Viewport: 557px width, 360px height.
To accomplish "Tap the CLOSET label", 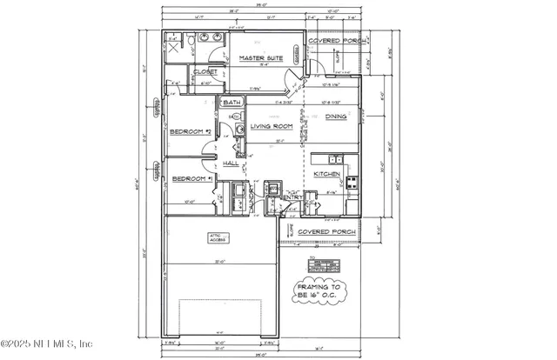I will (x=205, y=72).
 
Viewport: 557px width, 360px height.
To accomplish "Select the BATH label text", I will (x=232, y=103).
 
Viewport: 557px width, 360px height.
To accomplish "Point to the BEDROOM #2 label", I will (x=191, y=131).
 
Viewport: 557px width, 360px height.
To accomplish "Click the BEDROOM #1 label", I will (x=191, y=178).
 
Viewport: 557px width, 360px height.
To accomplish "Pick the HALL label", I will (x=231, y=163).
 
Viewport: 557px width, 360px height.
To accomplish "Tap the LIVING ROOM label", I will (x=272, y=127).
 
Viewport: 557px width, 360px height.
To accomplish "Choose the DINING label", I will (x=336, y=116).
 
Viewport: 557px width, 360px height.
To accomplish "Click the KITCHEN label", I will (x=325, y=174).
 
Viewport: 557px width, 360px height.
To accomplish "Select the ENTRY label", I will (x=292, y=197).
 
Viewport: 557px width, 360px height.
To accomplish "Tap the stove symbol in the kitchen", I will (x=352, y=182).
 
